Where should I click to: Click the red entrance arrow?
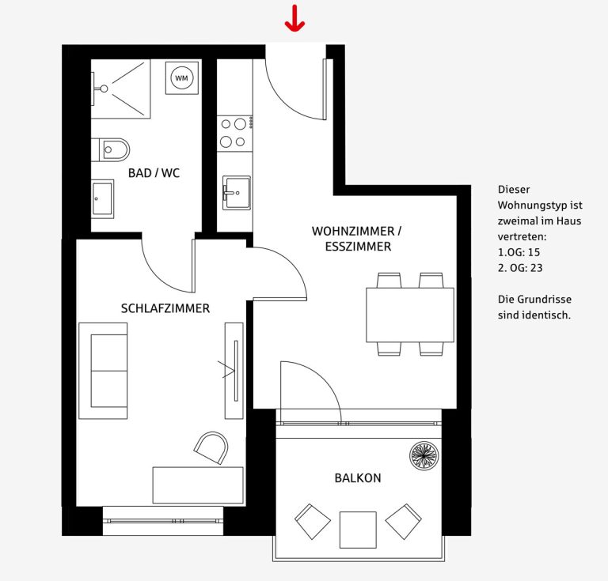point(294,18)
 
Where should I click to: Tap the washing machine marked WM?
point(181,77)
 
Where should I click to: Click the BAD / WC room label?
point(154,172)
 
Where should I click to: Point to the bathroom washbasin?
point(103,198)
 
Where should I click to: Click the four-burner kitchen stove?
point(234,133)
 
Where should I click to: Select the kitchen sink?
point(236,193)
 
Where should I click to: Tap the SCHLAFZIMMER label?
point(165,308)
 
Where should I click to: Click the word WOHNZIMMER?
point(353,231)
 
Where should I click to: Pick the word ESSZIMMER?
point(358,247)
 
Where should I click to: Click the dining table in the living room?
point(410,315)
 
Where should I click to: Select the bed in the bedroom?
point(103,371)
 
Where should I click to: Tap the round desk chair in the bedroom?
point(211,448)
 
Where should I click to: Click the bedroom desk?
point(198,485)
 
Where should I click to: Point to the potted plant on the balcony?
point(424,456)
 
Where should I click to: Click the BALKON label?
point(358,478)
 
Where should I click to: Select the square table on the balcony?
point(358,530)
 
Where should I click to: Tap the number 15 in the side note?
point(534,252)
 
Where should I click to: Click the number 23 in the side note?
point(536,268)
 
